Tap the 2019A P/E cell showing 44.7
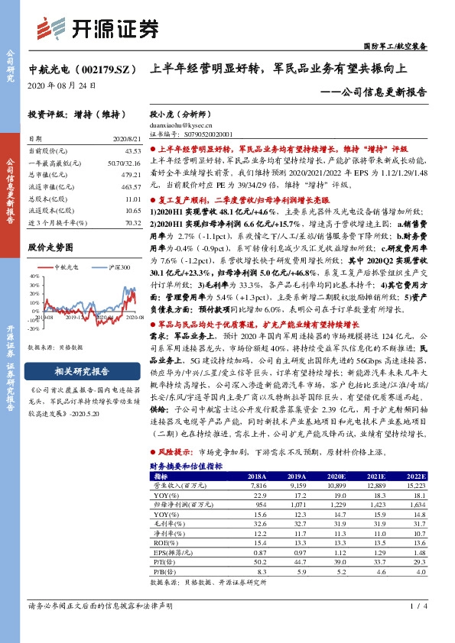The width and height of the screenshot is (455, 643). [x=295, y=560]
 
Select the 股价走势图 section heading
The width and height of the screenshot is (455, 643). [x=50, y=247]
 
